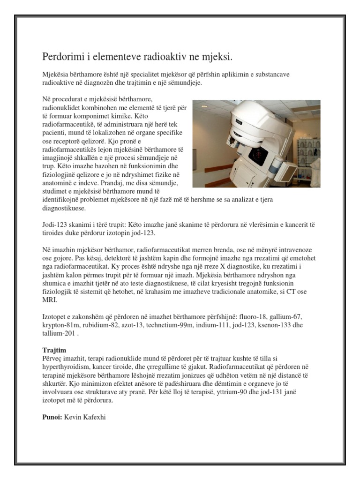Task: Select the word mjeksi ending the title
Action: [x=217, y=57]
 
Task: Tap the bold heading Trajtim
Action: [x=54, y=350]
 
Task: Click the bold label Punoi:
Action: [x=52, y=416]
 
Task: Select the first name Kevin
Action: [x=72, y=416]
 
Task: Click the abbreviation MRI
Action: [x=49, y=301]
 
